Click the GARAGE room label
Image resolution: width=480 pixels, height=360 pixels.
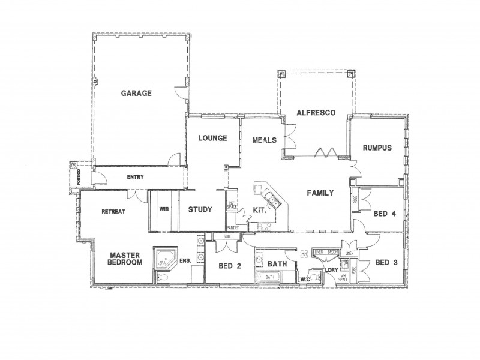[x=136, y=94]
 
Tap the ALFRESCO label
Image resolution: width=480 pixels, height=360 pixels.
[x=314, y=113]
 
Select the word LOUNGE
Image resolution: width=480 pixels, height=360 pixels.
[x=212, y=139]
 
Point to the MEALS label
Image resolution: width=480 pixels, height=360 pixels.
[x=265, y=140]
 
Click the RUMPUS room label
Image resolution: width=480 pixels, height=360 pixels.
[x=377, y=148]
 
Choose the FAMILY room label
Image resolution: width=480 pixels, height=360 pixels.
[x=320, y=193]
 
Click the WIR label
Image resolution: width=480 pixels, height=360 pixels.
[x=163, y=209]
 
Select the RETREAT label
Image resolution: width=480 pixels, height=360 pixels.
[x=113, y=211]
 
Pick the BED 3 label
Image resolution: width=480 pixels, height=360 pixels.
[x=386, y=262]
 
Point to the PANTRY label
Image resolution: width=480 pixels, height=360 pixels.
[x=234, y=228]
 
